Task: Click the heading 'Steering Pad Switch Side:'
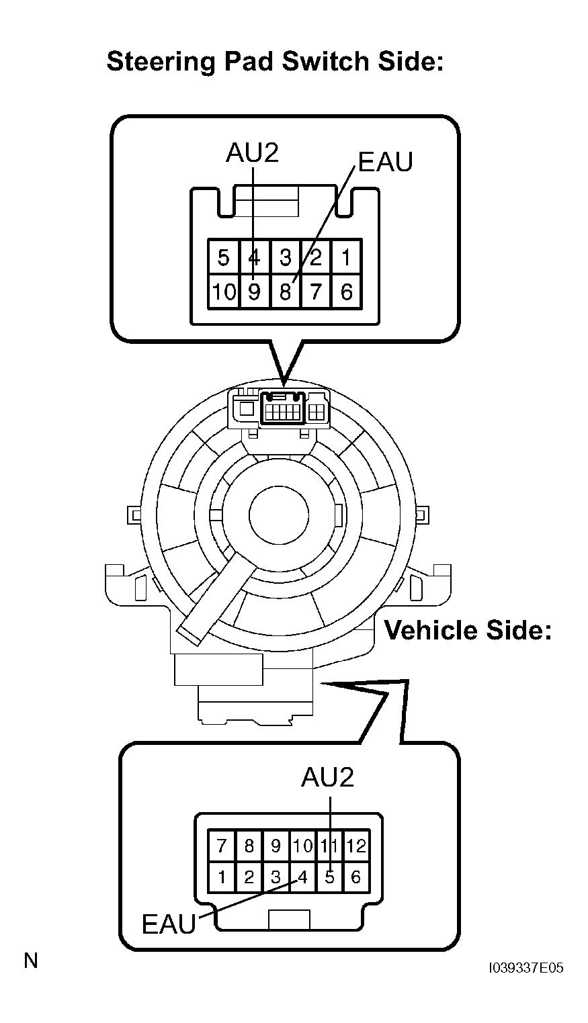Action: pos(276,62)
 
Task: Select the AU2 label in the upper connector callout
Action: pos(252,154)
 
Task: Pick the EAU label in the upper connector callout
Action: pos(385,162)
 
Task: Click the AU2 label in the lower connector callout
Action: pos(327,777)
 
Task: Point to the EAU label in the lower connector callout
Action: pos(168,924)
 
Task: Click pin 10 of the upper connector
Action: pos(224,292)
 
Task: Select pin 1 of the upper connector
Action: pos(347,258)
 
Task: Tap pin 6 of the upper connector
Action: pos(347,292)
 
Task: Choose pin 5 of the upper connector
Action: pos(224,258)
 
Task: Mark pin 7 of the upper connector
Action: pos(316,292)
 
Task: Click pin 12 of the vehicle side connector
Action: pos(356,846)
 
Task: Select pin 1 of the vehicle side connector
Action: pos(222,877)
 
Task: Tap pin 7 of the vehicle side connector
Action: pos(222,846)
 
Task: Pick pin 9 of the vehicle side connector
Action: pos(276,846)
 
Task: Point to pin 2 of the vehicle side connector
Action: pos(249,877)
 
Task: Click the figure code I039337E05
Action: pos(526,968)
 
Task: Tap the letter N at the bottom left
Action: pos(31,961)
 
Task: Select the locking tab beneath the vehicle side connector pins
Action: pos(289,920)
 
